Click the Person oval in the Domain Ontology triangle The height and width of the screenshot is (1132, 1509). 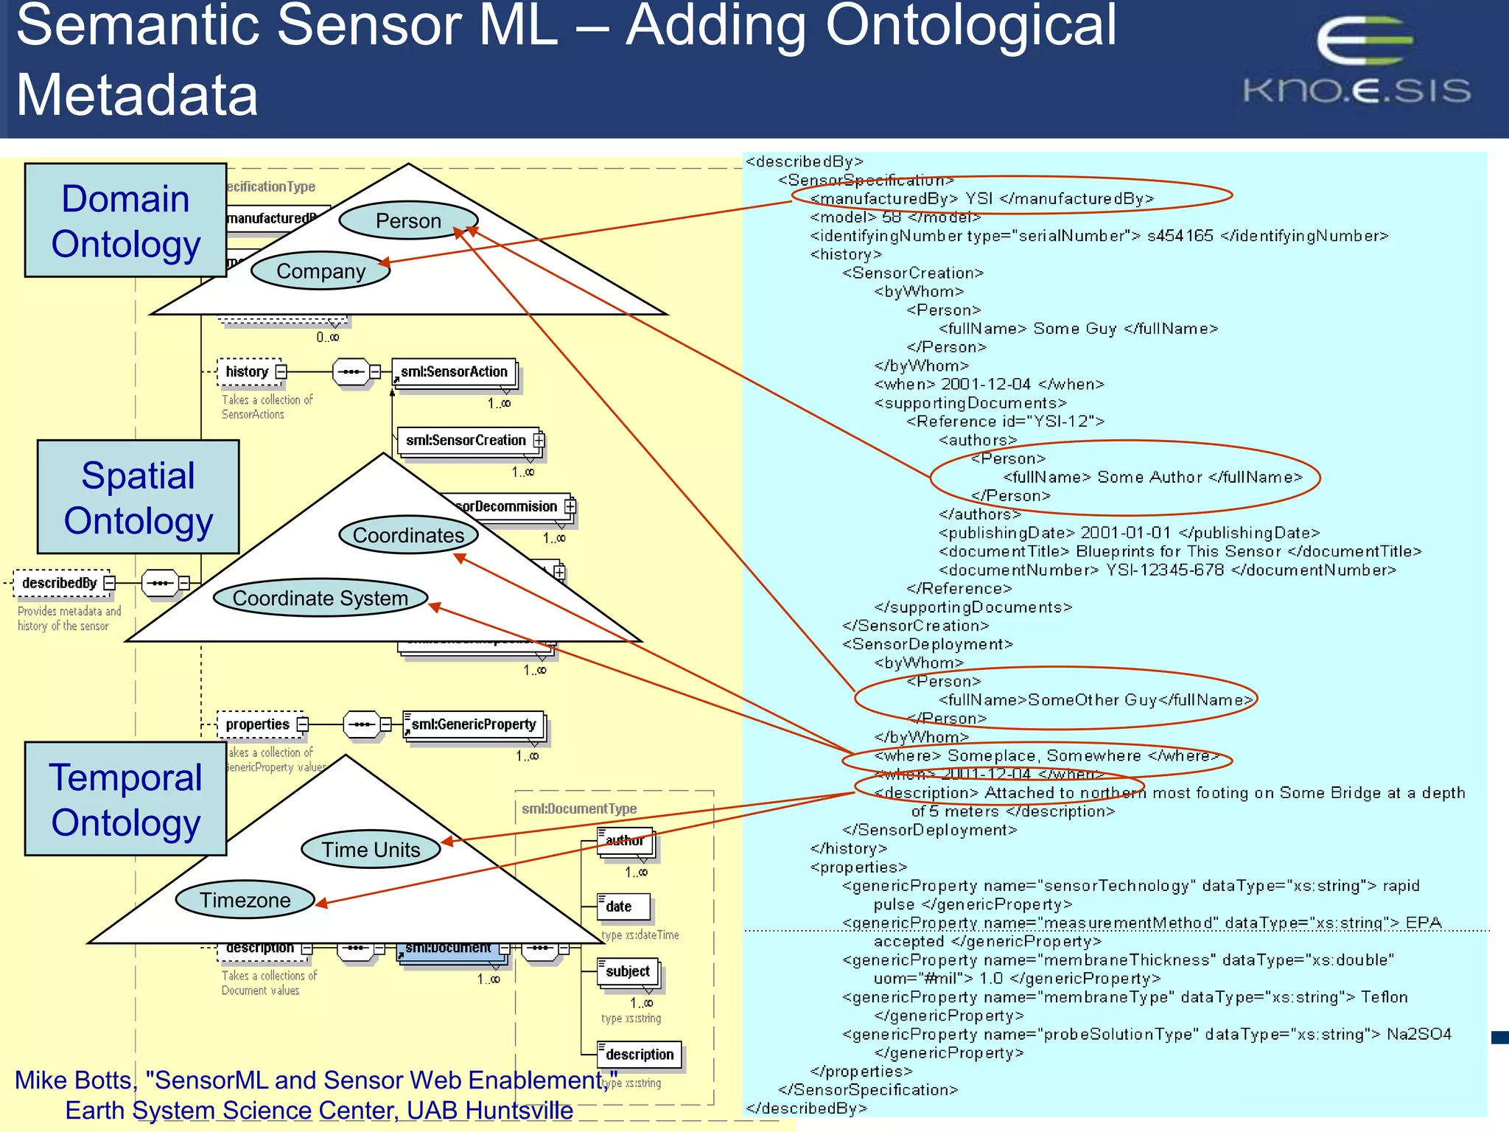tap(408, 220)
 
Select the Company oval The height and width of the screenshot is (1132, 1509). tap(321, 271)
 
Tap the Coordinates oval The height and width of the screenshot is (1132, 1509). tap(408, 535)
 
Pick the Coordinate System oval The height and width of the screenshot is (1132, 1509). tap(321, 598)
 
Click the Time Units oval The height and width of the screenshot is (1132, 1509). tap(371, 850)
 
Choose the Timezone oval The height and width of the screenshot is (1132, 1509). tap(245, 900)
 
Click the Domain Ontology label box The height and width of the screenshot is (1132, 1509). tap(125, 220)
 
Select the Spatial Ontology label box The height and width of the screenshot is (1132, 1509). tap(138, 497)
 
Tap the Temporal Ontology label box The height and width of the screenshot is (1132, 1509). tap(125, 799)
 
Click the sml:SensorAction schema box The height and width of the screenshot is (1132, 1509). tap(454, 372)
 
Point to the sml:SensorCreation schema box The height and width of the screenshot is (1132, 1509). tap(466, 441)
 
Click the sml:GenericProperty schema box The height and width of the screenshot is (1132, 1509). tap(474, 724)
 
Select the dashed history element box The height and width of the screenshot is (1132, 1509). tap(248, 372)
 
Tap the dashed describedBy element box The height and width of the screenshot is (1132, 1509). tap(60, 583)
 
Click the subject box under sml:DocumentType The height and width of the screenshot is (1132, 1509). tap(628, 972)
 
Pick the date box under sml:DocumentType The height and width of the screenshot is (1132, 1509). tap(623, 906)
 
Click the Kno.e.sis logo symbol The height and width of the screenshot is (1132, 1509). tap(1363, 41)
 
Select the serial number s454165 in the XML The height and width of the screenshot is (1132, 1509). tap(1180, 236)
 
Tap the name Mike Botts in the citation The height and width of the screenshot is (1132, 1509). tap(74, 1080)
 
